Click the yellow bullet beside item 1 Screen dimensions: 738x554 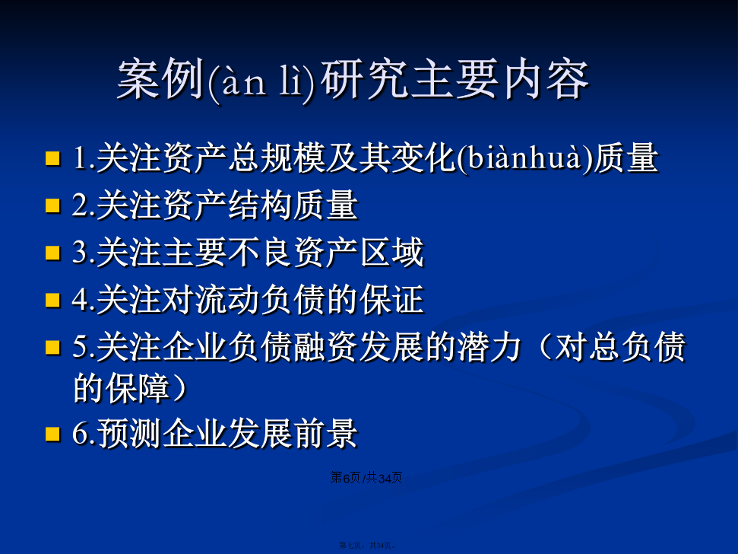point(52,158)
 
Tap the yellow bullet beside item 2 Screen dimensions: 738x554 point(52,205)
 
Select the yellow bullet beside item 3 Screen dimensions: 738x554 point(52,253)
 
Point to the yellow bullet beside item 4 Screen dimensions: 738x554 point(52,300)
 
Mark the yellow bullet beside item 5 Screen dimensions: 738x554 point(52,347)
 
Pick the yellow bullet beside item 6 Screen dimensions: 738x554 point(52,434)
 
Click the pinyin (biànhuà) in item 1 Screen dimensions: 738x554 point(524,158)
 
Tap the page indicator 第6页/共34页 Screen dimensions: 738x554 point(366,478)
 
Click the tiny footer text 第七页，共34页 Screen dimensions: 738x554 point(367,545)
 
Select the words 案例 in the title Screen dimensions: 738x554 point(161,79)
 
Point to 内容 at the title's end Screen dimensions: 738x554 point(546,79)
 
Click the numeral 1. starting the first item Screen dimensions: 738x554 point(84,158)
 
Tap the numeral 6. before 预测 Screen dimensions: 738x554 point(84,434)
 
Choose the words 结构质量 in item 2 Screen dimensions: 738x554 point(293,205)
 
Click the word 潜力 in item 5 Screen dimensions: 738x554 point(489,347)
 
